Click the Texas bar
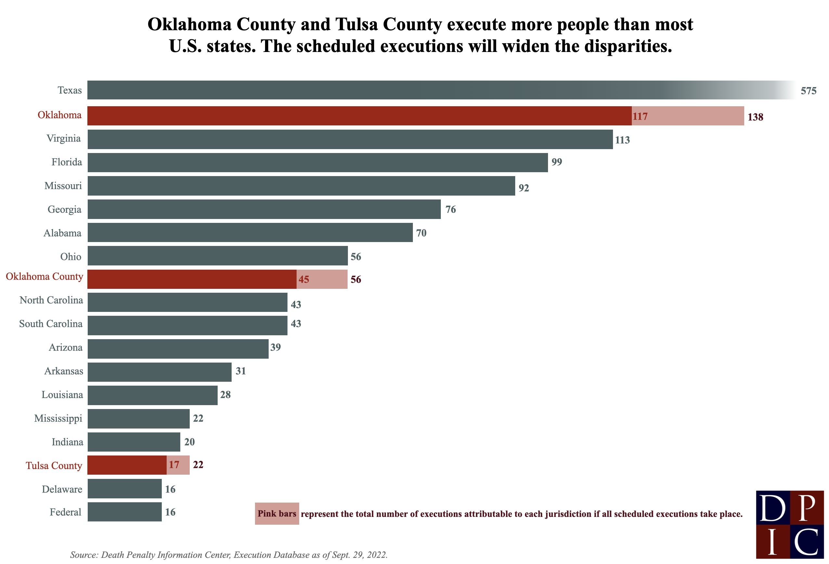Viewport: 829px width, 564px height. click(392, 90)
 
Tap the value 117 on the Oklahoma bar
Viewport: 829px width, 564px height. click(640, 116)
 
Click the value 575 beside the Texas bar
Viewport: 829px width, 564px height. click(808, 91)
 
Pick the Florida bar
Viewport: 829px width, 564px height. click(317, 162)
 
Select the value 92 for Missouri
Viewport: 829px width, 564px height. click(524, 188)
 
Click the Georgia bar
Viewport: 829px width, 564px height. click(264, 209)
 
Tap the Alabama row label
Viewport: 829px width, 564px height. click(62, 233)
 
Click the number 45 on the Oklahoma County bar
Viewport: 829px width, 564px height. click(303, 279)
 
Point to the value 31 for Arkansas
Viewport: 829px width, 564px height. click(240, 371)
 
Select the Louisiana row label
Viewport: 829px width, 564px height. click(62, 394)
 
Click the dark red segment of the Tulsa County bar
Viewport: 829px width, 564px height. click(127, 465)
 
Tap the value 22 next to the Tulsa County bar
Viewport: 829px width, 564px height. click(198, 465)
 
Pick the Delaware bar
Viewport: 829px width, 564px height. click(124, 488)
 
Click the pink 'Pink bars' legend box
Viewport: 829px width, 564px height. click(277, 513)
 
